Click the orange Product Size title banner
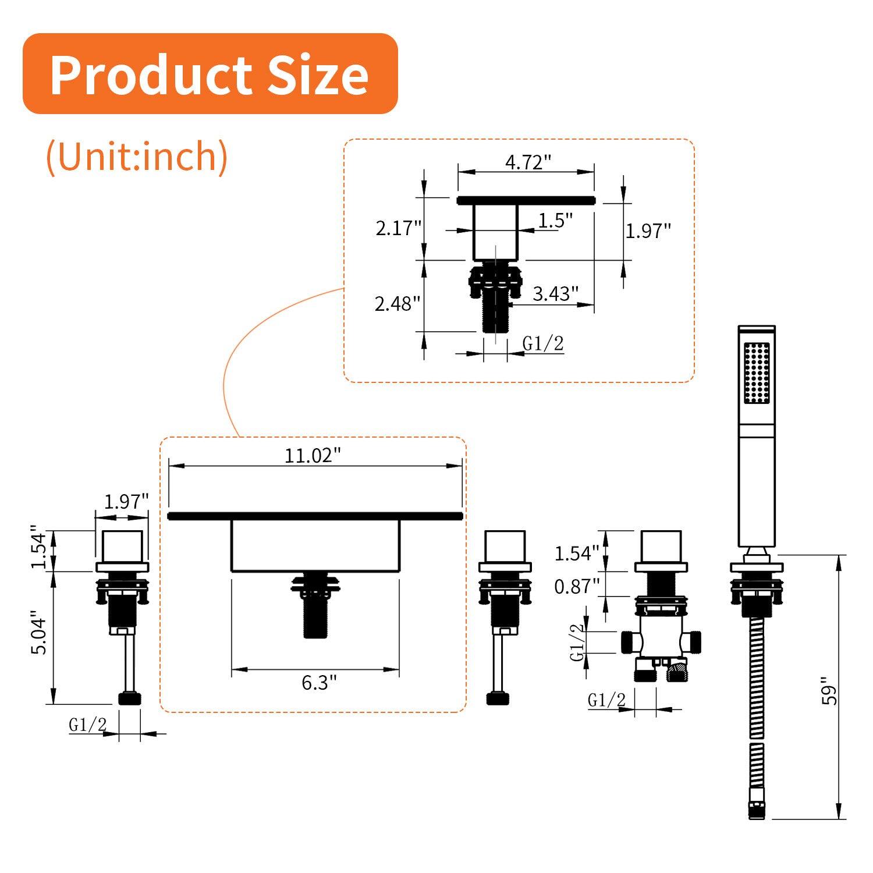pyautogui.click(x=210, y=74)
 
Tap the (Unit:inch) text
pyautogui.click(x=137, y=157)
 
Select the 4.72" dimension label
pyautogui.click(x=527, y=162)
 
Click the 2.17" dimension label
pyautogui.click(x=398, y=228)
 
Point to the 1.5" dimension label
pyautogui.click(x=555, y=221)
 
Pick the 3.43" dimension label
pyautogui.click(x=555, y=294)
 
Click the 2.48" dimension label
pyautogui.click(x=397, y=304)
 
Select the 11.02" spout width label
pyautogui.click(x=312, y=455)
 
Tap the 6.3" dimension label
pyautogui.click(x=319, y=682)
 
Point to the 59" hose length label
pyautogui.click(x=829, y=691)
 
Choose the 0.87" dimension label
pyautogui.click(x=576, y=587)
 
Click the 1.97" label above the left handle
pyautogui.click(x=126, y=501)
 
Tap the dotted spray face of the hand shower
pyautogui.click(x=757, y=372)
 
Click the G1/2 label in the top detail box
pyautogui.click(x=543, y=344)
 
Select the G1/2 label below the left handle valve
pyautogui.click(x=88, y=725)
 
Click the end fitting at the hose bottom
pyautogui.click(x=756, y=810)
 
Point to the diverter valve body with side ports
pyautogui.click(x=661, y=640)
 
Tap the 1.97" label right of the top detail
pyautogui.click(x=648, y=231)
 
